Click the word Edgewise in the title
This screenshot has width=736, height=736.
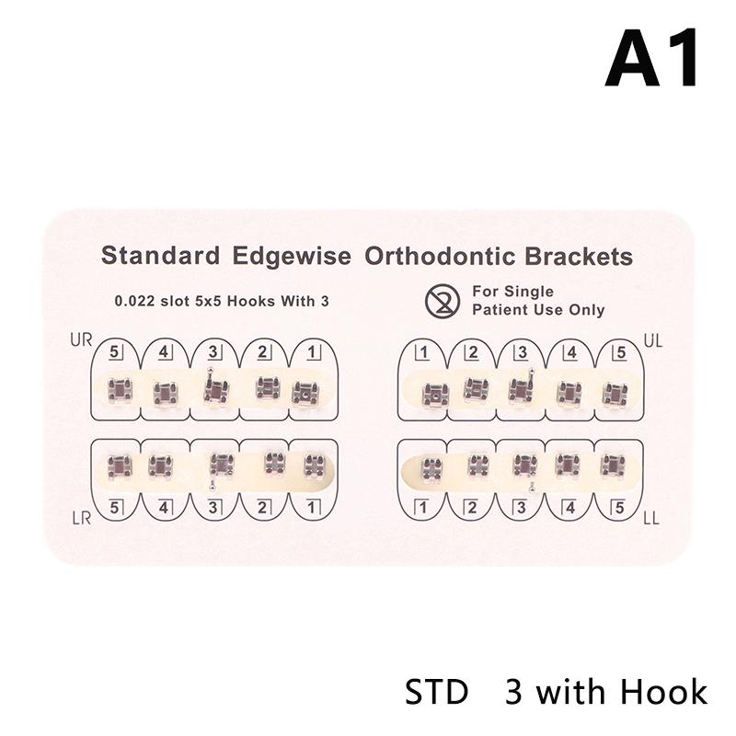click(292, 257)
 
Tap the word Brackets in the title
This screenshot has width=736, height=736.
click(579, 257)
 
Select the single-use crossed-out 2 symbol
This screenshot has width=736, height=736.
click(443, 301)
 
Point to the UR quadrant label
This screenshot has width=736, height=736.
click(81, 339)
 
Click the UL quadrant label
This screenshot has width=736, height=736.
click(653, 341)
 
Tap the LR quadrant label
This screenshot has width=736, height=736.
click(82, 519)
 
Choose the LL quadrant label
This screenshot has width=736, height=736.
click(651, 519)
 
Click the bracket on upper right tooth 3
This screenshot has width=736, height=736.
click(215, 387)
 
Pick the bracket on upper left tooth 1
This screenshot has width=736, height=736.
click(435, 395)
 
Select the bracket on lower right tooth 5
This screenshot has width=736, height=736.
click(120, 466)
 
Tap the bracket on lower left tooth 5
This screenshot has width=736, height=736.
click(613, 465)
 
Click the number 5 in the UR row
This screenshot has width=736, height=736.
click(114, 351)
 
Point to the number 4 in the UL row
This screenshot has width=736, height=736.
click(571, 352)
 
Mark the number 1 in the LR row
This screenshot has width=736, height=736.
click(312, 508)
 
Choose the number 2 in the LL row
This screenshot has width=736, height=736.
click(472, 508)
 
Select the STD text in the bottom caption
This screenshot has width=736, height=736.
click(436, 693)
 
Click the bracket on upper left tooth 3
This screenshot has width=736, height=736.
click(522, 388)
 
